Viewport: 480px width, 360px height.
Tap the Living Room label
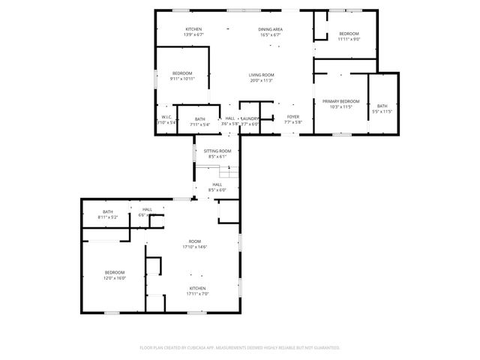(x=261, y=75)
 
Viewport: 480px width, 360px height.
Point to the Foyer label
(x=292, y=117)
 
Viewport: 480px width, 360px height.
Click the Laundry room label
(x=250, y=118)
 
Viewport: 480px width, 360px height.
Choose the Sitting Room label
(x=217, y=151)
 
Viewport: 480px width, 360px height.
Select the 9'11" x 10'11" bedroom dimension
(x=181, y=78)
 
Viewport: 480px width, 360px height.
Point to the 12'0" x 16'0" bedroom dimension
(x=115, y=277)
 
